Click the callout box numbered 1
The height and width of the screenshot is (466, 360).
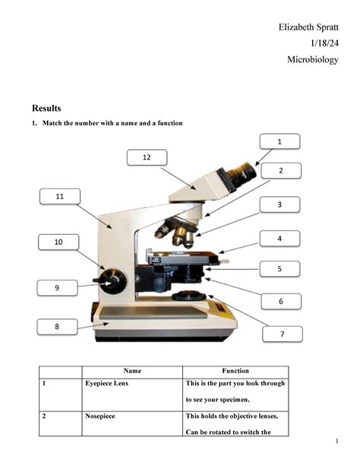click(x=279, y=141)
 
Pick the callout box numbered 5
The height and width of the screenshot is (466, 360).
click(x=279, y=269)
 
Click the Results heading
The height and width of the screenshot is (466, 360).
click(x=46, y=108)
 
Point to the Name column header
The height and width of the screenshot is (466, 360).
click(x=132, y=371)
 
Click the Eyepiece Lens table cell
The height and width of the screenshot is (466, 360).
click(x=107, y=385)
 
